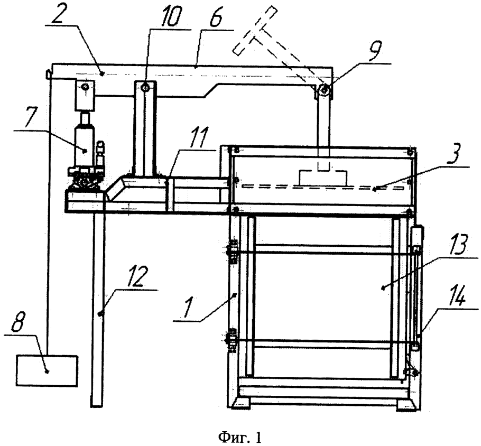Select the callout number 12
[x=134, y=276]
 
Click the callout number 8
[x=18, y=322]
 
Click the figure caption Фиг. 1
[x=240, y=437]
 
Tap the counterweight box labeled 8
[x=47, y=370]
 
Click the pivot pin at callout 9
[x=323, y=90]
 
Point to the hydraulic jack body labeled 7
[x=85, y=144]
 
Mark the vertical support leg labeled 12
[x=98, y=309]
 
